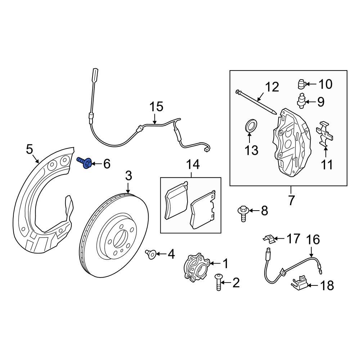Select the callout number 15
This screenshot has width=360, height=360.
(x=156, y=107)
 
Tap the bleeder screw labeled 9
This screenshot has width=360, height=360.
(x=301, y=101)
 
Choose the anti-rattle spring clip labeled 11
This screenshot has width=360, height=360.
(x=325, y=135)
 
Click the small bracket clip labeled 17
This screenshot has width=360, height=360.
(x=268, y=238)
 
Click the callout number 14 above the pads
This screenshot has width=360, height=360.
(x=192, y=165)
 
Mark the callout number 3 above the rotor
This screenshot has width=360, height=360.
(x=129, y=176)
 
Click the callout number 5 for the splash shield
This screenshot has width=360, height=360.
(x=30, y=148)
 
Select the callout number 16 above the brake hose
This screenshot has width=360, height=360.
(x=313, y=239)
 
